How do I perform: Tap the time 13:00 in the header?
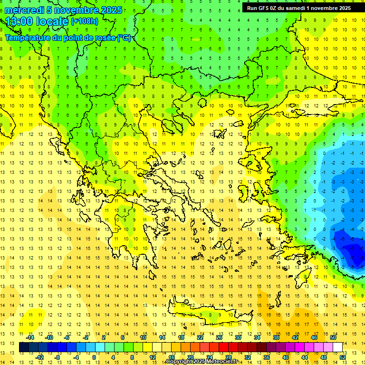point(21,21)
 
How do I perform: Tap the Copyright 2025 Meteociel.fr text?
point(202,362)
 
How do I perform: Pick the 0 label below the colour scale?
point(94,357)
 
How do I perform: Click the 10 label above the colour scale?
point(143,337)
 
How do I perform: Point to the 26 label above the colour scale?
point(219,337)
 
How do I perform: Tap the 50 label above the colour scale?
point(333,337)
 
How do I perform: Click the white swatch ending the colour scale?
point(337,347)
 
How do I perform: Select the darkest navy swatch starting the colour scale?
point(24,347)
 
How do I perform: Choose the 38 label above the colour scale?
point(276,337)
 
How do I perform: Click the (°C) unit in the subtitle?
point(124,38)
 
